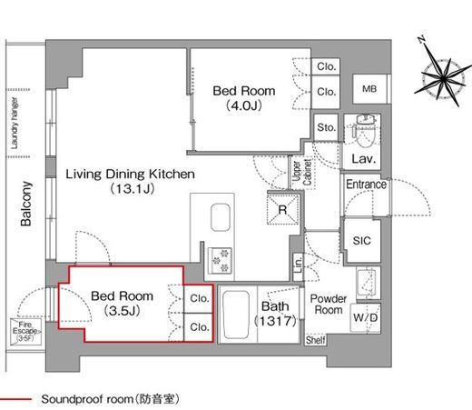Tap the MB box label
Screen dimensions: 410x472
[x=369, y=89]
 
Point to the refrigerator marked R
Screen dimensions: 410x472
[x=282, y=208]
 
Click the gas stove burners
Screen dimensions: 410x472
[x=219, y=258]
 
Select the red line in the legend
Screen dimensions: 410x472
[x=19, y=399]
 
